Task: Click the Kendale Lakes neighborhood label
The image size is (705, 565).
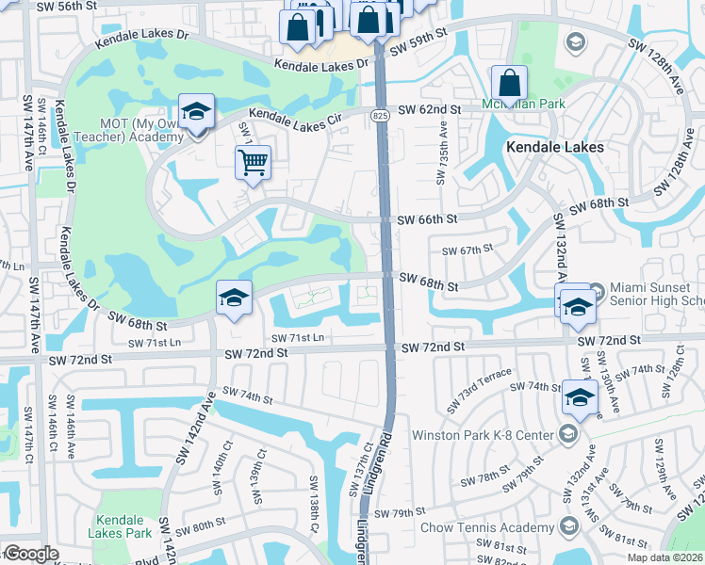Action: [554, 147]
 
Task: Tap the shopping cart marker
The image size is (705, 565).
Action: [253, 163]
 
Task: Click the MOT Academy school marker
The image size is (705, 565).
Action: [196, 114]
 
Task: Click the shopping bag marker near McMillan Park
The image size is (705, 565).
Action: [509, 85]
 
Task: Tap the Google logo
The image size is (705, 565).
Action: [31, 554]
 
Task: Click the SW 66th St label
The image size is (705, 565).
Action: [427, 218]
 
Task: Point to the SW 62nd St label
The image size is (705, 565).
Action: [429, 110]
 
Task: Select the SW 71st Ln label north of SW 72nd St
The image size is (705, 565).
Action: [298, 338]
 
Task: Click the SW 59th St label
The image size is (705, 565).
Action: [418, 44]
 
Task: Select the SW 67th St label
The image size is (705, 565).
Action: [468, 250]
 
